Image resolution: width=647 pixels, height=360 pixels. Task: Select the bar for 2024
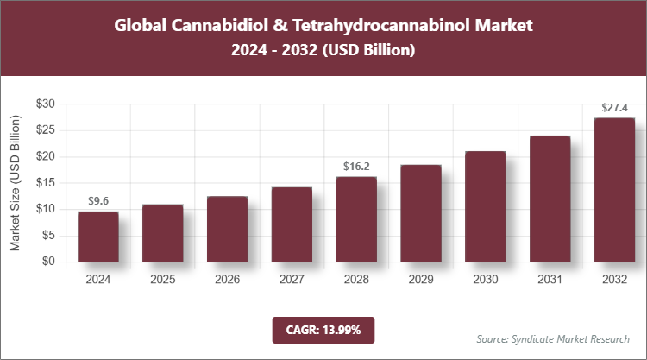(97, 237)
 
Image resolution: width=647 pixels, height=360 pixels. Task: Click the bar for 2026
(227, 229)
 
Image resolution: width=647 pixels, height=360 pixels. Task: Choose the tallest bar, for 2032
(614, 190)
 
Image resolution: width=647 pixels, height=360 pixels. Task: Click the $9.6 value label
(97, 201)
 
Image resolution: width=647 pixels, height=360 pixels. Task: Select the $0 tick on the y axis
(49, 262)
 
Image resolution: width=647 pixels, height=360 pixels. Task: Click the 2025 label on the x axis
(162, 279)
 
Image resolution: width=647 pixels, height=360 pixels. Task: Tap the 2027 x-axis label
(292, 279)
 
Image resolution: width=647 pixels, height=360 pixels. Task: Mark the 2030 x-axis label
(485, 279)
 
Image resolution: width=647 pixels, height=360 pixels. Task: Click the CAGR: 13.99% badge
(323, 330)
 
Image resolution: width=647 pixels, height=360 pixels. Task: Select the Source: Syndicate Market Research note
(553, 338)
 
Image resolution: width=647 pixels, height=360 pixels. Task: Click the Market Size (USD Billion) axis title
(15, 183)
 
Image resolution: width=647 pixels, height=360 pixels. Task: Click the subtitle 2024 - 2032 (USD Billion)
(323, 51)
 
